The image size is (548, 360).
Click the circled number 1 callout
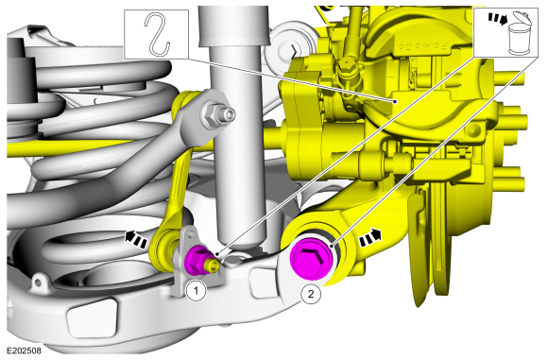tap(197, 290)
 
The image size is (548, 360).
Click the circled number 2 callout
tap(311, 294)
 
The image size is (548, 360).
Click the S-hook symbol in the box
tap(157, 34)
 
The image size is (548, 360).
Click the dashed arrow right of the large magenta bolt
tap(370, 238)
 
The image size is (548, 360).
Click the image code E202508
tap(25, 351)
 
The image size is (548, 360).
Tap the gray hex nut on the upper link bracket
tap(210, 114)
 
